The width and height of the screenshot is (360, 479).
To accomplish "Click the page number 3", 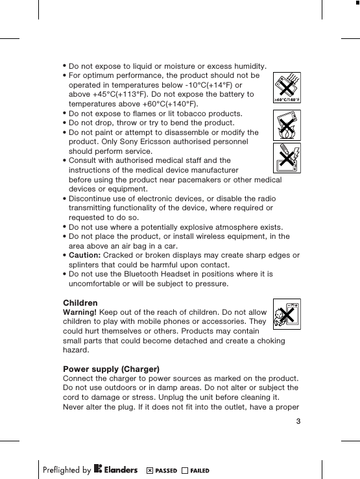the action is (x=298, y=422).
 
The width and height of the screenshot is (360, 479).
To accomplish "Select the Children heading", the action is (x=80, y=303).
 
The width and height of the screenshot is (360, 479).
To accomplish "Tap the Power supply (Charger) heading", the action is (x=111, y=369).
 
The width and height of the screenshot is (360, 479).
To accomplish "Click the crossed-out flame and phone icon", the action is (x=287, y=125).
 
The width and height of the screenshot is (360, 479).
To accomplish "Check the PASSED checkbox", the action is (x=150, y=470).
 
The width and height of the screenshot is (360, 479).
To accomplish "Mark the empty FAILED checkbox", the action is (x=186, y=470).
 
